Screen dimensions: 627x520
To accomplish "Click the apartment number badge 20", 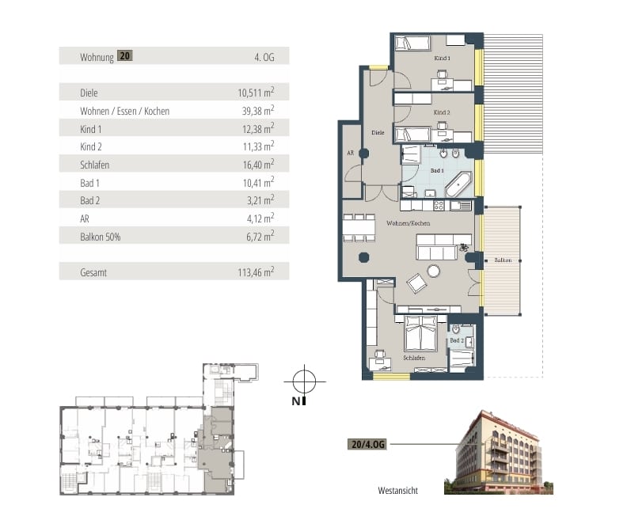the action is (125, 55).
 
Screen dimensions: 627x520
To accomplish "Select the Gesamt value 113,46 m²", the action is (256, 272).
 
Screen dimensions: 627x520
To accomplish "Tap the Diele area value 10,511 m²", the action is (256, 93).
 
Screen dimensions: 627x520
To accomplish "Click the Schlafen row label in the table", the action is (94, 165).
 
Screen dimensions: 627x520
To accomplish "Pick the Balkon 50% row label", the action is (100, 237).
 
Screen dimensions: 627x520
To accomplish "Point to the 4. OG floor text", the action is (264, 57).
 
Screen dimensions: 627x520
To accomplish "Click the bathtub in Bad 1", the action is (458, 184).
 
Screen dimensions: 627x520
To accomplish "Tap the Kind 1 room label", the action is (442, 58).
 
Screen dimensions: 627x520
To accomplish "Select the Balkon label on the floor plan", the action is (503, 260).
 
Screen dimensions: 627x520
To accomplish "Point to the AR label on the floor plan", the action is (350, 153).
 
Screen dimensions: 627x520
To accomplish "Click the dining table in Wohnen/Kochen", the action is (359, 228).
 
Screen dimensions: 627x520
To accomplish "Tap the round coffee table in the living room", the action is (434, 271).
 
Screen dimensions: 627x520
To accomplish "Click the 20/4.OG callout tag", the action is (367, 444).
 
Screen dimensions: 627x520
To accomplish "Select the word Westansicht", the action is (398, 491).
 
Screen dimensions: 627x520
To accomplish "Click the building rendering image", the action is (499, 452).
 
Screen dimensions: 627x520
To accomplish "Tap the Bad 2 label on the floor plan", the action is (457, 340).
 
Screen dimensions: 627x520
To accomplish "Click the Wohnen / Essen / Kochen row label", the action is (125, 111).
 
